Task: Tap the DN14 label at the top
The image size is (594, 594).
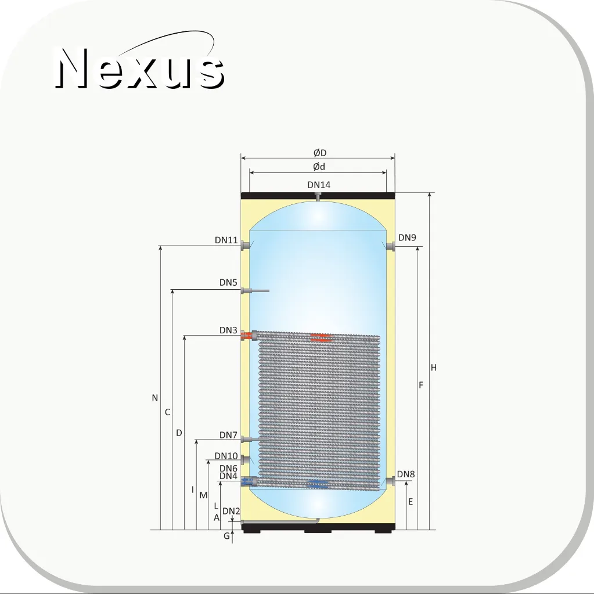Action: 319,185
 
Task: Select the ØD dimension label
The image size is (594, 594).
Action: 320,153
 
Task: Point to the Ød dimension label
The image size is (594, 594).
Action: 319,167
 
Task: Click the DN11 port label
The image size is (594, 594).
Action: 226,240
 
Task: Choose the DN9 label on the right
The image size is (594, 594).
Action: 407,237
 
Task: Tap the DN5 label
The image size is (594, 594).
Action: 228,283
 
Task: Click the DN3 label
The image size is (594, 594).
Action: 228,330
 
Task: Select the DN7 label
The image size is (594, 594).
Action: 228,435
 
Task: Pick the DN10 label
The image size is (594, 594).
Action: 226,456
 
